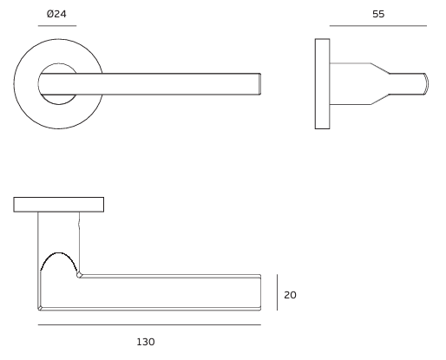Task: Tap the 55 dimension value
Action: point(377,14)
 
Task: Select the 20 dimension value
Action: point(291,295)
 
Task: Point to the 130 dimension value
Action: point(146,342)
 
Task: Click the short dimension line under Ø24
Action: point(57,26)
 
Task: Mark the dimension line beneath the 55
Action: point(377,26)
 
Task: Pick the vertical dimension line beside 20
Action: point(277,292)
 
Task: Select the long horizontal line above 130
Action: point(149,325)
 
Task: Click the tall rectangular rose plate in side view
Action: point(322,83)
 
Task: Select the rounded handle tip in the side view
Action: point(424,83)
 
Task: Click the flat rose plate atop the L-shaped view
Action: point(59,205)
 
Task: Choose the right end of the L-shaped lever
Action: point(259,292)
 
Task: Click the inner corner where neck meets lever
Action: point(80,275)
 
